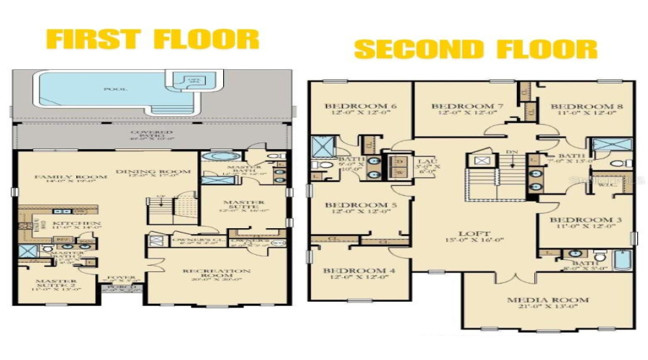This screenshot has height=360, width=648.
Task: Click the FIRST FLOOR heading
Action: coord(153,38)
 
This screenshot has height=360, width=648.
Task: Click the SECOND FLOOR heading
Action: coord(476,49)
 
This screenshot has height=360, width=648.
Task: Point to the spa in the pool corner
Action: coord(194,81)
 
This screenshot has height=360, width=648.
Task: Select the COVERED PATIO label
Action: coord(151,135)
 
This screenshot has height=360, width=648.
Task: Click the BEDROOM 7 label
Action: coord(462,107)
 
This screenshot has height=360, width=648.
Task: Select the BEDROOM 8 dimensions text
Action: coord(584,114)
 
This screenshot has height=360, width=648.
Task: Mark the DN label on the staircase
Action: coord(511,152)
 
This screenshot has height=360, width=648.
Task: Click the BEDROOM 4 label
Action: coord(358,270)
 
